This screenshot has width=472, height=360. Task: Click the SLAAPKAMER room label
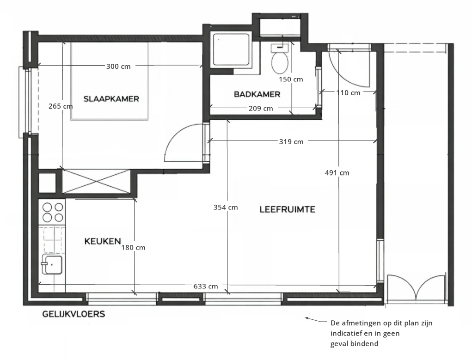(x=111, y=99)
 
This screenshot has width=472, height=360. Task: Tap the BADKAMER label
(x=257, y=94)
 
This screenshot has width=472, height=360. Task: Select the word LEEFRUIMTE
(x=288, y=209)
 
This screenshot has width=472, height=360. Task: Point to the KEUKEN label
(x=103, y=241)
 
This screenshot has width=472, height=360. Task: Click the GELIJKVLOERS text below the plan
(x=74, y=314)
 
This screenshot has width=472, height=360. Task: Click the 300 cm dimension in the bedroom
(x=118, y=66)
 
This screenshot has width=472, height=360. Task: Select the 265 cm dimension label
(x=61, y=106)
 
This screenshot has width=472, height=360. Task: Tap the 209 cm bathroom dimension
(x=261, y=108)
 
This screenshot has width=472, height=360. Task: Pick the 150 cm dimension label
(x=291, y=79)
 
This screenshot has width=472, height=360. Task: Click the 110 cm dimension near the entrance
(x=348, y=93)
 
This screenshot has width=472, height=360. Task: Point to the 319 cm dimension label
(x=291, y=141)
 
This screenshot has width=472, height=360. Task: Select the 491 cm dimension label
(x=337, y=173)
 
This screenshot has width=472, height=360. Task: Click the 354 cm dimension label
(x=226, y=207)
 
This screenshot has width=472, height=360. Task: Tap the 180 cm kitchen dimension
(x=133, y=247)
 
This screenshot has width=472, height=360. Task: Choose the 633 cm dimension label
(x=206, y=286)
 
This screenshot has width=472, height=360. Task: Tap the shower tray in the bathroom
(x=232, y=50)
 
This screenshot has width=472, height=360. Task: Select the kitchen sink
(x=52, y=264)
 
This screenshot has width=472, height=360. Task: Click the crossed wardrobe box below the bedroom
(x=96, y=181)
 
